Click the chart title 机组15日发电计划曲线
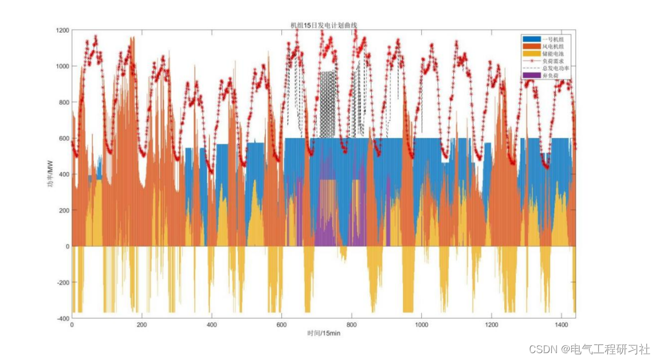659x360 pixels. coord(324,25)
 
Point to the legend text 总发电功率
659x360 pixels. coord(559,68)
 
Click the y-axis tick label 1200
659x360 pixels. coord(63,30)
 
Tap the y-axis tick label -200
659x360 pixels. coord(63,283)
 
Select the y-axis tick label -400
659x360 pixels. coord(63,319)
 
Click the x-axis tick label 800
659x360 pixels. coord(352,325)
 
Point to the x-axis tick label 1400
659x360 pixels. coord(562,325)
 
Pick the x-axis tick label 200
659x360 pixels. coord(142,325)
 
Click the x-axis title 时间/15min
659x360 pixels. coord(323,333)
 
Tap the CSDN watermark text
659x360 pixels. coord(589,349)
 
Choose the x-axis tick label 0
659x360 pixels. coord(72,325)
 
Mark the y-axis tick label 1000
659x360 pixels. coord(63,66)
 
